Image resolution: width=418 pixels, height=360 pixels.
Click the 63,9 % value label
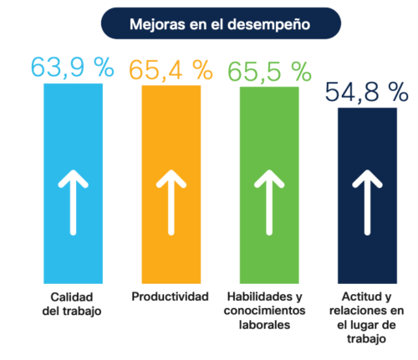[x=72, y=68]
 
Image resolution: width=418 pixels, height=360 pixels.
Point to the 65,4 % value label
[x=171, y=68]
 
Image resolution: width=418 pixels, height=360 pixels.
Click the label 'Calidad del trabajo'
[x=72, y=303]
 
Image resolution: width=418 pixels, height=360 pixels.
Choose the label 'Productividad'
[x=171, y=297]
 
